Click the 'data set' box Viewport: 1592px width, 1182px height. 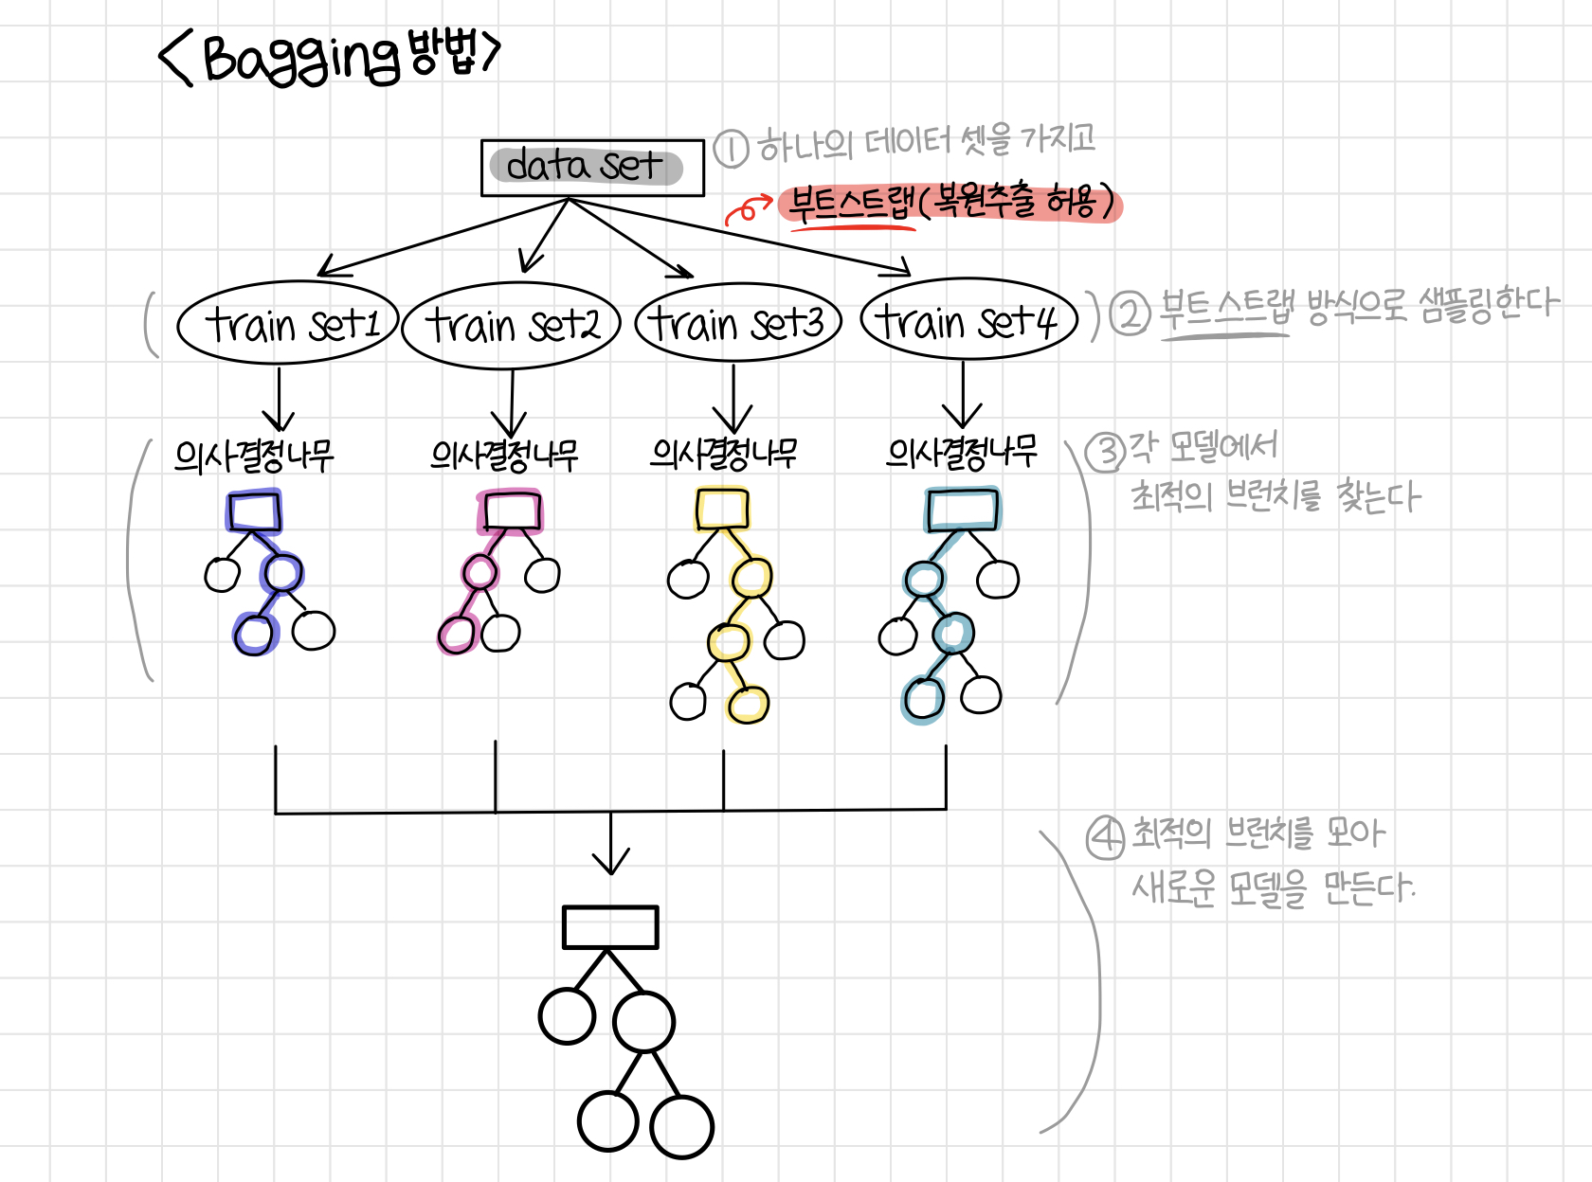coord(592,168)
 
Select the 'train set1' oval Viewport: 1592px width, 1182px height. coord(287,323)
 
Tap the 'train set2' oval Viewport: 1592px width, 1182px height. coord(511,325)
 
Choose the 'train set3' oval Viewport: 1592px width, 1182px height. coord(737,323)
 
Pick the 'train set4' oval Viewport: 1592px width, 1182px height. coord(968,319)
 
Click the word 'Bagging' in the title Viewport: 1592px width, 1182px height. coord(301,59)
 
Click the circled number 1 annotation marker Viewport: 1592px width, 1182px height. coord(731,149)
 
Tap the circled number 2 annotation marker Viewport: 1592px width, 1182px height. coord(1130,313)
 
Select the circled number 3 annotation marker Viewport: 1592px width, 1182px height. coord(1105,452)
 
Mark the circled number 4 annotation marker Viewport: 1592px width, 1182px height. coord(1105,838)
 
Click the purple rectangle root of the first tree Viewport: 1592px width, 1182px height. coord(254,511)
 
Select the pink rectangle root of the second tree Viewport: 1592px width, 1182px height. coord(511,511)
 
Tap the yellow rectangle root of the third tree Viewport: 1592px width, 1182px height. coord(722,510)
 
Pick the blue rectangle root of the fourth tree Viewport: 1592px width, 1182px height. coord(962,510)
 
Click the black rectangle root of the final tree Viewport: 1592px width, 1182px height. coord(610,927)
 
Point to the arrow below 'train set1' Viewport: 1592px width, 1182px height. coord(279,400)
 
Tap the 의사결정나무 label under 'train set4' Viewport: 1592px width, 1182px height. coord(961,453)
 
